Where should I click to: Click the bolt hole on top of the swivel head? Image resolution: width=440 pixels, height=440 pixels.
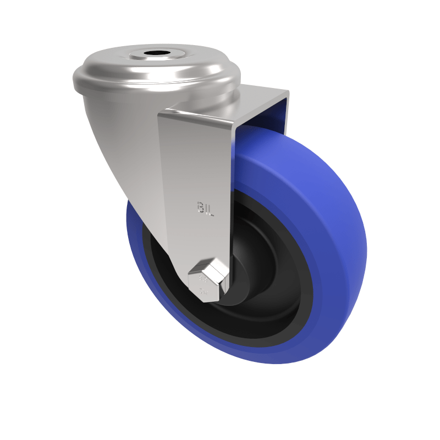(155, 56)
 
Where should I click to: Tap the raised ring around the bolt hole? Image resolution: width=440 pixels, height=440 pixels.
(155, 51)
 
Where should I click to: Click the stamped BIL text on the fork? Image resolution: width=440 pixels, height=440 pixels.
(204, 207)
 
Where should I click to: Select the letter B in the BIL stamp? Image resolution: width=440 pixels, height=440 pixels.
(200, 207)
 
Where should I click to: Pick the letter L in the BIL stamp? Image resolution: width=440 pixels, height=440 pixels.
(209, 207)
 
